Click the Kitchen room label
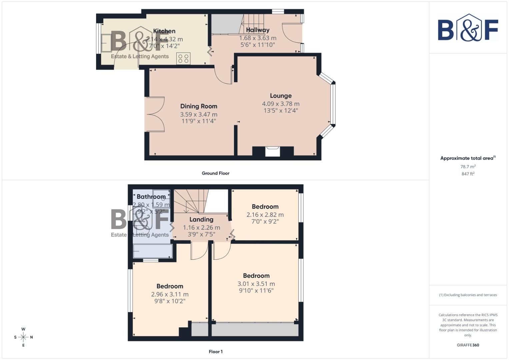pyautogui.click(x=164, y=31)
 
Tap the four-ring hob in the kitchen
pyautogui.click(x=183, y=59)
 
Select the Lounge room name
pyautogui.click(x=281, y=96)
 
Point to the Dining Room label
pyautogui.click(x=199, y=106)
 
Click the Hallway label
pyautogui.click(x=258, y=30)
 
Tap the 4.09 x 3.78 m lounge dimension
pyautogui.click(x=281, y=104)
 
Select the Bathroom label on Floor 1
pyautogui.click(x=151, y=197)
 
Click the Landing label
pyautogui.click(x=201, y=219)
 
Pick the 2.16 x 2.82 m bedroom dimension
pyautogui.click(x=265, y=215)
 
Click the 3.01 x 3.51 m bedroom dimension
pyautogui.click(x=256, y=284)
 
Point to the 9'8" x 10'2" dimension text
pyautogui.click(x=170, y=301)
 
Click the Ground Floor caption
pyautogui.click(x=215, y=173)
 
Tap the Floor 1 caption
pyautogui.click(x=215, y=352)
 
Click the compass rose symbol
pyautogui.click(x=23, y=337)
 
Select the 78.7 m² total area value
pyautogui.click(x=468, y=167)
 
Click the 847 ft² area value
pyautogui.click(x=468, y=174)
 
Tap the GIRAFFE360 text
pyautogui.click(x=468, y=345)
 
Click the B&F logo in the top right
pyautogui.click(x=468, y=28)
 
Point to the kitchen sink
pyautogui.click(x=107, y=43)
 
